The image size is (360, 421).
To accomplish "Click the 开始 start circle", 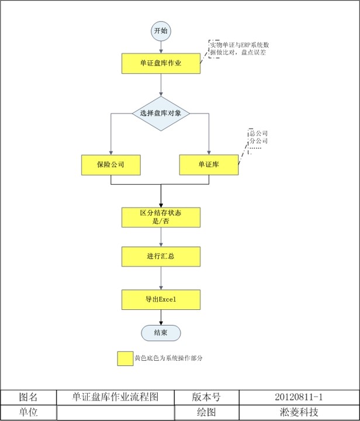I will click(161, 30).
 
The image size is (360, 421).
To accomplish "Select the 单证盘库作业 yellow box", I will click(161, 64).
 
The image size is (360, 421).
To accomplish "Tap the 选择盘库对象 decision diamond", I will click(161, 113).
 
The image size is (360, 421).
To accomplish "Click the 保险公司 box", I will click(111, 165).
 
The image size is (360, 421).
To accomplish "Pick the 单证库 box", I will click(209, 165).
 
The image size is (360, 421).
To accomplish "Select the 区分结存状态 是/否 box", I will click(161, 218).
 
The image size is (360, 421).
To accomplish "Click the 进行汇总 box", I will click(161, 256).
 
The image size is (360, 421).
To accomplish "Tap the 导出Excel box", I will click(161, 299).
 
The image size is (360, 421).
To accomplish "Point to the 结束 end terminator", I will click(161, 332).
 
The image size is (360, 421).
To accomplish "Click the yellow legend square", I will click(124, 358).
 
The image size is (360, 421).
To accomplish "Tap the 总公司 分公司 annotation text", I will click(258, 138).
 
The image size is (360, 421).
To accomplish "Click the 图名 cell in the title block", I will click(29, 397).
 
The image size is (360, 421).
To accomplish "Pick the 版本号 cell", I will click(206, 397).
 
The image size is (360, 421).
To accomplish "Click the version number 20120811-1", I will click(299, 397).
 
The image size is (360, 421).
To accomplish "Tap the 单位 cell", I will click(29, 412).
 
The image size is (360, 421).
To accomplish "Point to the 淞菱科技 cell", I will click(299, 412).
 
